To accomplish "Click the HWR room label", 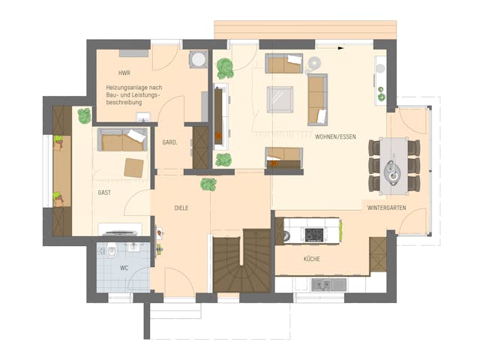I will pos(124,73).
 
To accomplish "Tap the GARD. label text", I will pos(169,142).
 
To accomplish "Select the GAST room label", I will pos(105,193).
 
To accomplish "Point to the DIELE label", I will pos(181,208).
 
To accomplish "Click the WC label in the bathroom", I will pos(124,267).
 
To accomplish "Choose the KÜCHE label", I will pos(312,259).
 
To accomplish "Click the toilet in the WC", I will pos(111,249).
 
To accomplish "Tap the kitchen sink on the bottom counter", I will pos(328,284).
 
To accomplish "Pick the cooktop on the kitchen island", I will pos(312,235).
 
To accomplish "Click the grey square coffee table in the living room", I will pos(281,99).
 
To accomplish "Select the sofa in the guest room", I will pos(122,139).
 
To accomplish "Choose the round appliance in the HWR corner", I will pos(198,59).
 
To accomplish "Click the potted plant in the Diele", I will pos(208,184).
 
